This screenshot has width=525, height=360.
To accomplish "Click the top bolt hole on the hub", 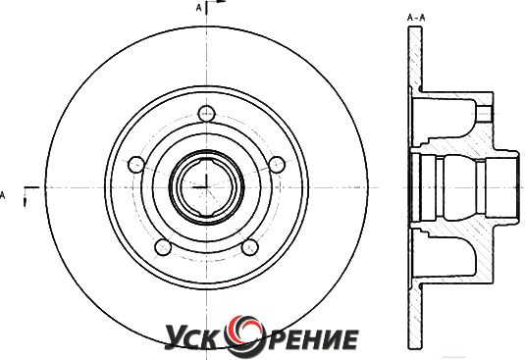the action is [206, 114].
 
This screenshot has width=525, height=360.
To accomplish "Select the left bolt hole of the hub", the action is [136, 165].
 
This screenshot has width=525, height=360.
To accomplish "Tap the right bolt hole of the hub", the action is [277, 165].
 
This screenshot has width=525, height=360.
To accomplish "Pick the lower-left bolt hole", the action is [163, 247].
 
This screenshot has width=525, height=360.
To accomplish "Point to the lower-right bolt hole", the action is [250, 247].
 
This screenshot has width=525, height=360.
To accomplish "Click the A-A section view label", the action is [416, 18].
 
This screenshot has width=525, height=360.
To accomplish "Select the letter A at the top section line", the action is [199, 8].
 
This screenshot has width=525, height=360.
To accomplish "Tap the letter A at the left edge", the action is [2, 195].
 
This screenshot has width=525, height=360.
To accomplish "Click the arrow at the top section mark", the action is [221, 1].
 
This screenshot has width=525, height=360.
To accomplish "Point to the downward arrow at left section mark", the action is [25, 202].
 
